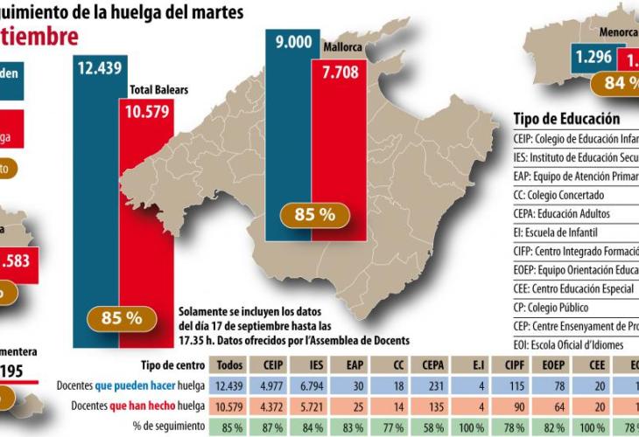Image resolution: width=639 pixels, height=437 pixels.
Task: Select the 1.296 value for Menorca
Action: click(x=593, y=59)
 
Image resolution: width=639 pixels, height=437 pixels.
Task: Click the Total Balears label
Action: click(x=159, y=89)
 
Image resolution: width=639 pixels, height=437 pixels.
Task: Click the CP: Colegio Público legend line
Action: click(x=551, y=308)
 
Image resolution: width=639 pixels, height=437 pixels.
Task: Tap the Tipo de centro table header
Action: click(x=172, y=365)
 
